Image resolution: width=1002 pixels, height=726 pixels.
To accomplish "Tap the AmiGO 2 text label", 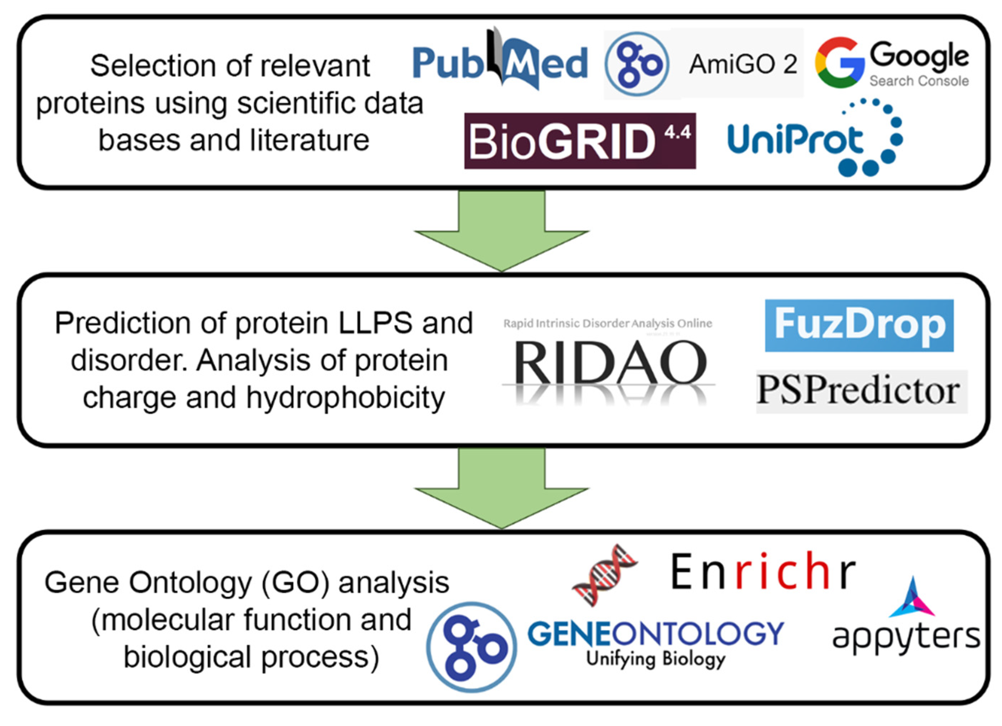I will click(743, 65).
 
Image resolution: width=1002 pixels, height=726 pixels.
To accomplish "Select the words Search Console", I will click(919, 81).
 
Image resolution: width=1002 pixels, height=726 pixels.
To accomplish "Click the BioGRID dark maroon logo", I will click(580, 140).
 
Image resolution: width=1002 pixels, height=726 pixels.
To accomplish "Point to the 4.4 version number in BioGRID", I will click(678, 131).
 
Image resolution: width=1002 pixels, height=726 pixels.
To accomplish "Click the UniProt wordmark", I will click(795, 140).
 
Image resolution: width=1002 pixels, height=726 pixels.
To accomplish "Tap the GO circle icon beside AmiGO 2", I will click(637, 65).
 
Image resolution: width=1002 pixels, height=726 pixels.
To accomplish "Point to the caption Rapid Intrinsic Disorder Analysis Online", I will click(607, 324).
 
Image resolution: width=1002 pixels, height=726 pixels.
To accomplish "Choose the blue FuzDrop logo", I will click(859, 325).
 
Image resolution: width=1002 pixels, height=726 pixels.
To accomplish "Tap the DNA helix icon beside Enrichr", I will click(604, 575).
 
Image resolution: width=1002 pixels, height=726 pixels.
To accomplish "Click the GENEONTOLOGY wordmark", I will click(656, 634).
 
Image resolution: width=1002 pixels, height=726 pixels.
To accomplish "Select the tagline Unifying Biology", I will click(656, 659).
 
